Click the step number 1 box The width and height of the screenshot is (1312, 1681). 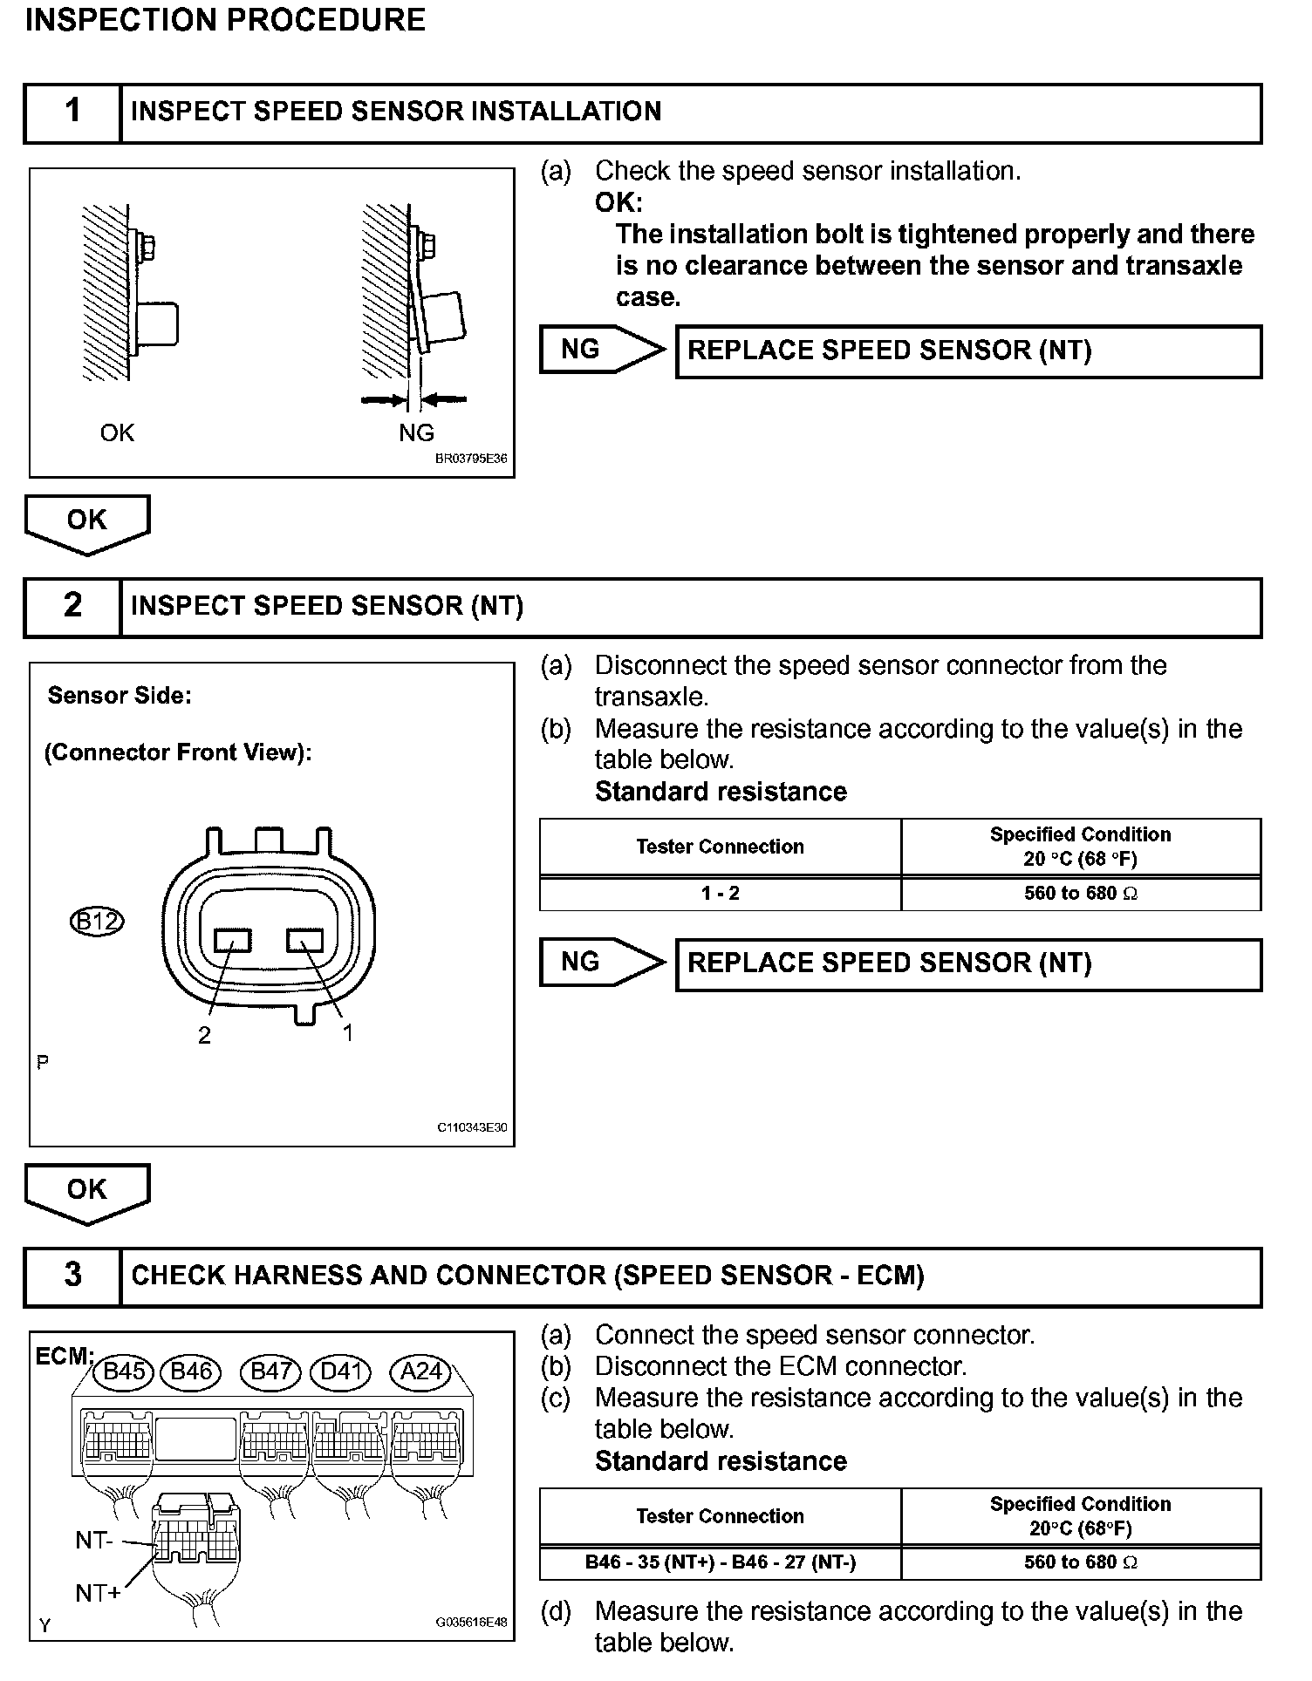[x=72, y=112]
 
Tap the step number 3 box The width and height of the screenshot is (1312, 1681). [x=72, y=1276]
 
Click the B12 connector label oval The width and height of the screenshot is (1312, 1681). [x=96, y=922]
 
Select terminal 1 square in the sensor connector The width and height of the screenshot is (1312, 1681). [x=304, y=940]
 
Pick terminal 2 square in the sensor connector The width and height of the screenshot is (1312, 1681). [x=233, y=940]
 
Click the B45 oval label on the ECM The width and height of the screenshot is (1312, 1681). [x=124, y=1371]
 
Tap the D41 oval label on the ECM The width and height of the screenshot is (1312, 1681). [x=341, y=1371]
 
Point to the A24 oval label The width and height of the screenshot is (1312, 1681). [x=420, y=1371]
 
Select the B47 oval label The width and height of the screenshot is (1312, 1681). [x=270, y=1371]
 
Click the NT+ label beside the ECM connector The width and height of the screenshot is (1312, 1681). [x=98, y=1593]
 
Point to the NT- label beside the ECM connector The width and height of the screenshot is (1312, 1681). [x=94, y=1541]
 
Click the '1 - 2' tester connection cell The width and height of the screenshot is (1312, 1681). [x=720, y=894]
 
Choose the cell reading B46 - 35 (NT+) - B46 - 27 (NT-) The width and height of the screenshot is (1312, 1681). [x=720, y=1562]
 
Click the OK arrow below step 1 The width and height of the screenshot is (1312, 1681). [x=87, y=522]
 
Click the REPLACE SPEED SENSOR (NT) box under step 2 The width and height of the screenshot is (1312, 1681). [x=968, y=963]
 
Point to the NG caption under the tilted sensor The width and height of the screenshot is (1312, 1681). [x=416, y=432]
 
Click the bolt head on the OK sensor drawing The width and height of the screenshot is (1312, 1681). [x=149, y=247]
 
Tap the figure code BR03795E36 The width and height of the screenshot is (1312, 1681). [x=471, y=459]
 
